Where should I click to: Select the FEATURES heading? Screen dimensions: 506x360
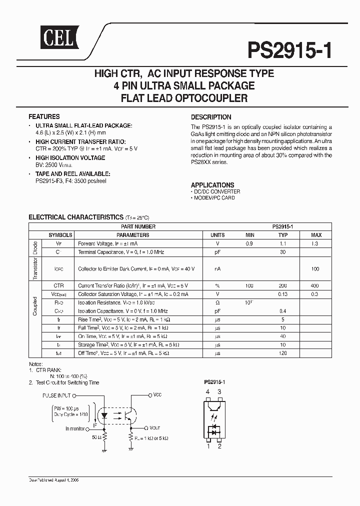tap(44, 116)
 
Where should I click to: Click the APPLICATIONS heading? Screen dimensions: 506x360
tap(212, 184)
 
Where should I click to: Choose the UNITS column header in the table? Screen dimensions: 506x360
tap(217, 234)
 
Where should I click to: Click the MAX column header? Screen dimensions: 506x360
tap(316, 234)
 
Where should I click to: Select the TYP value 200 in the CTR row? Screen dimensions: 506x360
tap(282, 285)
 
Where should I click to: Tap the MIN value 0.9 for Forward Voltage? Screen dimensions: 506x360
tap(249, 243)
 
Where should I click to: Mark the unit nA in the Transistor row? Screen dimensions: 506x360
tap(217, 268)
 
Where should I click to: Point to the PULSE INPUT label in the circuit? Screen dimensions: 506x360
tap(56, 395)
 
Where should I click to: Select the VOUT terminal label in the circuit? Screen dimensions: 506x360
tap(154, 428)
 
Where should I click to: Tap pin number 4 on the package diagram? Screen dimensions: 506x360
tap(208, 391)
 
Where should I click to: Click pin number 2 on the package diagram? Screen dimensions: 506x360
tap(219, 446)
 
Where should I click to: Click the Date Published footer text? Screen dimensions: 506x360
tap(54, 479)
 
